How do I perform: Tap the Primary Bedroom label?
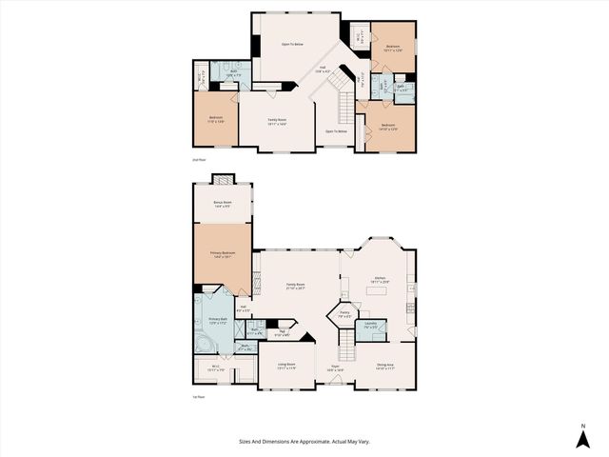coord(224,254)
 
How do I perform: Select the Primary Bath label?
coord(217,320)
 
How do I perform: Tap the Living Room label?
coord(286,365)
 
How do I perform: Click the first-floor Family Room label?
coord(295,286)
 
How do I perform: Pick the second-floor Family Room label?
coord(276,120)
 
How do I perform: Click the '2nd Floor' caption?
coord(199,161)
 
